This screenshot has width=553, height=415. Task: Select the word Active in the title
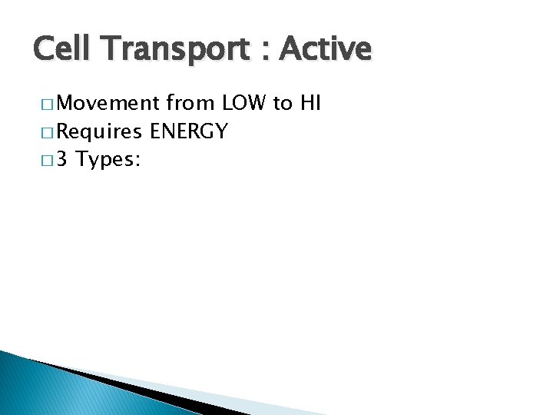(326, 50)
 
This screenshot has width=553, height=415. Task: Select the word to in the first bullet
(283, 102)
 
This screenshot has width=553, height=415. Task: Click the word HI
(310, 102)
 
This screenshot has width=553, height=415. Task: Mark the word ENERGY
(189, 131)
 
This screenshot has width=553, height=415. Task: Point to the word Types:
(108, 161)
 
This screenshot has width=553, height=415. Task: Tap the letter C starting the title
(45, 50)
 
